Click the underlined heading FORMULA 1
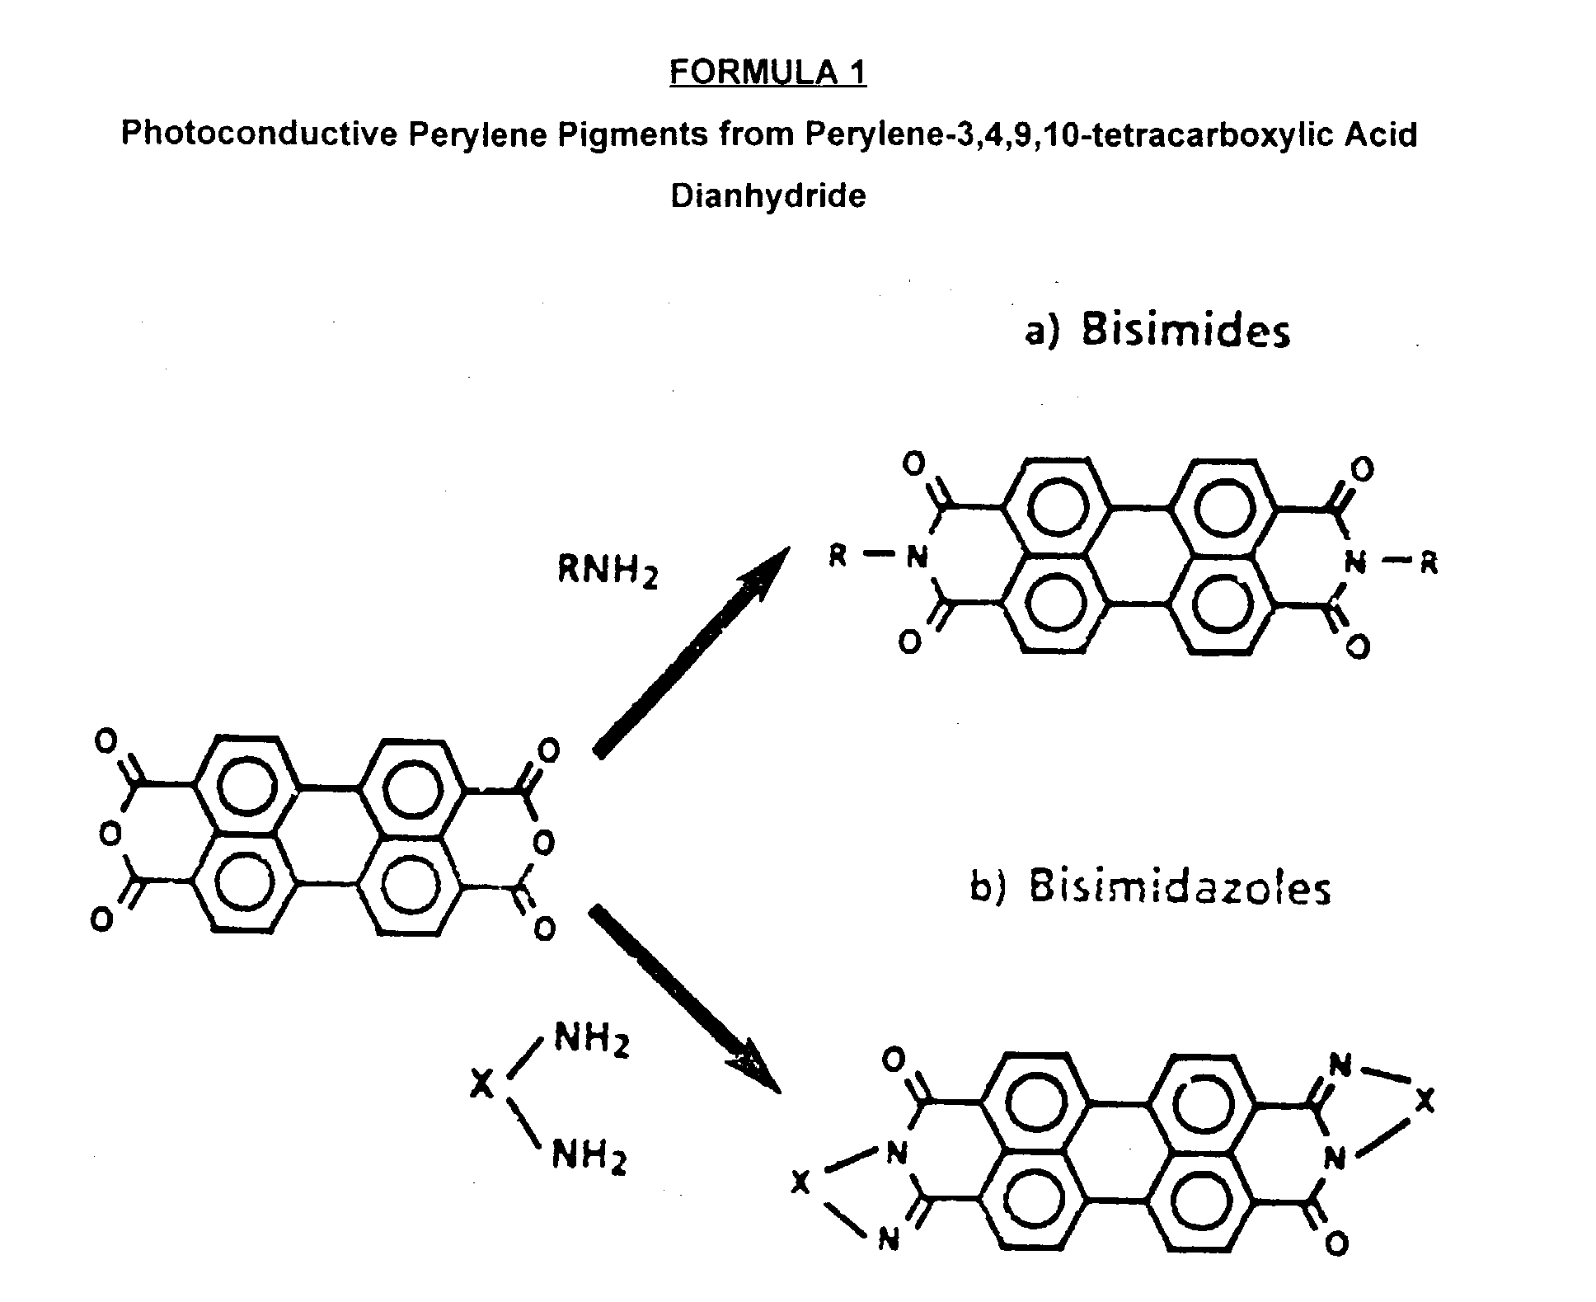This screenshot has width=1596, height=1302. [767, 73]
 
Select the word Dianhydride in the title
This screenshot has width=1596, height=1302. [767, 196]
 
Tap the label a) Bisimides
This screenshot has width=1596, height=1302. [1157, 331]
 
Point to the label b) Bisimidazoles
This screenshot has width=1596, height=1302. [1150, 889]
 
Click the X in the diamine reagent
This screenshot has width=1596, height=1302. [482, 1084]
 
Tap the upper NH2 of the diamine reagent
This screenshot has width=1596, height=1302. [591, 1039]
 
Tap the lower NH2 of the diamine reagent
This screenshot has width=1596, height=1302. [589, 1155]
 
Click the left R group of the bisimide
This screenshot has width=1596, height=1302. [838, 557]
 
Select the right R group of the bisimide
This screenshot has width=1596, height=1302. [1429, 564]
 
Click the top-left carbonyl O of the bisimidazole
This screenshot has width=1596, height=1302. [894, 1060]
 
